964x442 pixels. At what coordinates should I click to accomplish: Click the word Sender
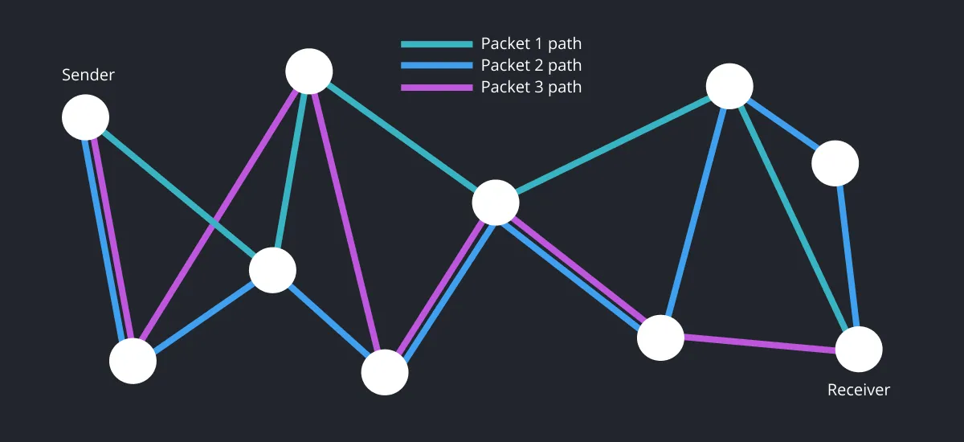click(88, 76)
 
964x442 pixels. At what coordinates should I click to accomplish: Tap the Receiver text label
click(859, 391)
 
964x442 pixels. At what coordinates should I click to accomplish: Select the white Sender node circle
click(85, 117)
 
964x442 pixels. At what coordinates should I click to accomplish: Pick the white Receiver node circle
click(859, 350)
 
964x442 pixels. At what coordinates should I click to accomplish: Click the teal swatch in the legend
click(436, 44)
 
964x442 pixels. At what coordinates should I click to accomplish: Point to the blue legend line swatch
click(436, 66)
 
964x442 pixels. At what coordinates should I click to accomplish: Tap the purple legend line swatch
click(436, 87)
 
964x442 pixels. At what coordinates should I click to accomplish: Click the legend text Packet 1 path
click(531, 44)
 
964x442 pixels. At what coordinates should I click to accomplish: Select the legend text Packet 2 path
click(531, 66)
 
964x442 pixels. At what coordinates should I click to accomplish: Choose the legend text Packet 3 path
click(531, 87)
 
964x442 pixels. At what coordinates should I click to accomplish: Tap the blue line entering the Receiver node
click(848, 257)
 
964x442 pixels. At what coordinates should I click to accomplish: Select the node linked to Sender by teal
click(272, 270)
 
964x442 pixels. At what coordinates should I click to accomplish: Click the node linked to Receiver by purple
click(660, 338)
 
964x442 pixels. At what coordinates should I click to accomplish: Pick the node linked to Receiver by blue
click(835, 164)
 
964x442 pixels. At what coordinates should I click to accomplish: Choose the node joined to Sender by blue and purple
click(133, 361)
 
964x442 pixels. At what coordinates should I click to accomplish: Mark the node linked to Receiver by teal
click(729, 85)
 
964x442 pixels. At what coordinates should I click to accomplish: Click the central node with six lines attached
click(495, 203)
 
